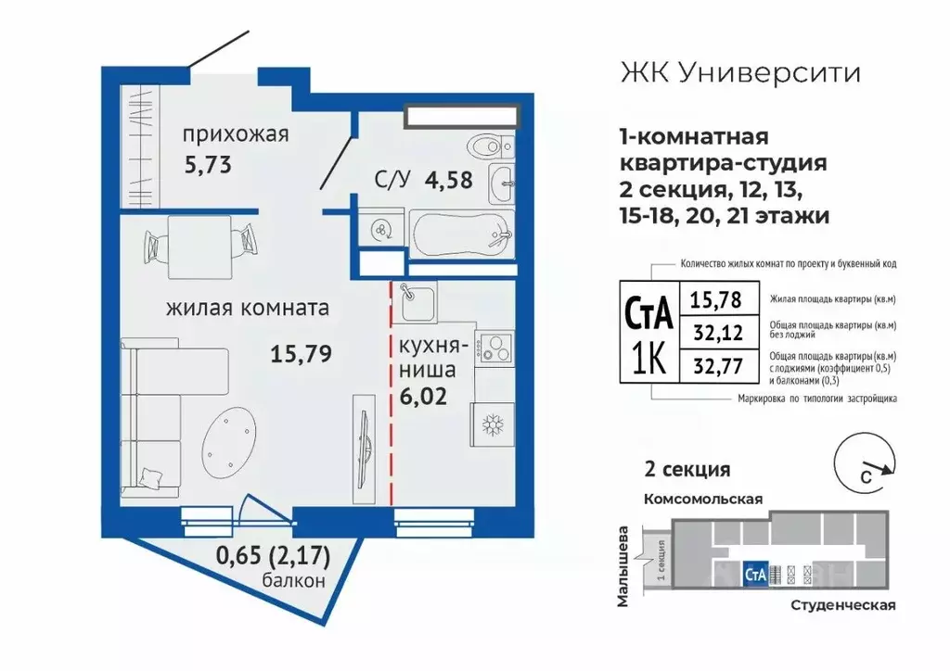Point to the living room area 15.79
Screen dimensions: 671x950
point(302,352)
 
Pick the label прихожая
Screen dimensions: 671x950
point(236,134)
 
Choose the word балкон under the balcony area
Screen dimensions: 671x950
point(294,582)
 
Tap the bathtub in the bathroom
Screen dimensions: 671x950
point(461,232)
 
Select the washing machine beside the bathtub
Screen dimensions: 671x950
point(380,229)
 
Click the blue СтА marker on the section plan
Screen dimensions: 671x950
point(755,574)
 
